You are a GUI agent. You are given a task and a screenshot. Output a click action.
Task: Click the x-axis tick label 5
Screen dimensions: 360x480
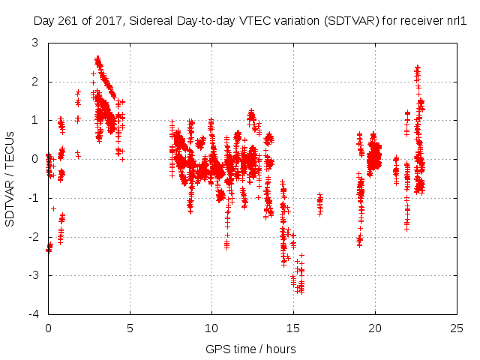tap(130, 328)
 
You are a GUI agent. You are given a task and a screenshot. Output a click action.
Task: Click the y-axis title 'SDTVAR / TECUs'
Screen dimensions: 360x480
tap(10, 178)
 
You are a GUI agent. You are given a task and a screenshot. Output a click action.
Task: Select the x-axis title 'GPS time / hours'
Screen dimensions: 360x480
tap(251, 349)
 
